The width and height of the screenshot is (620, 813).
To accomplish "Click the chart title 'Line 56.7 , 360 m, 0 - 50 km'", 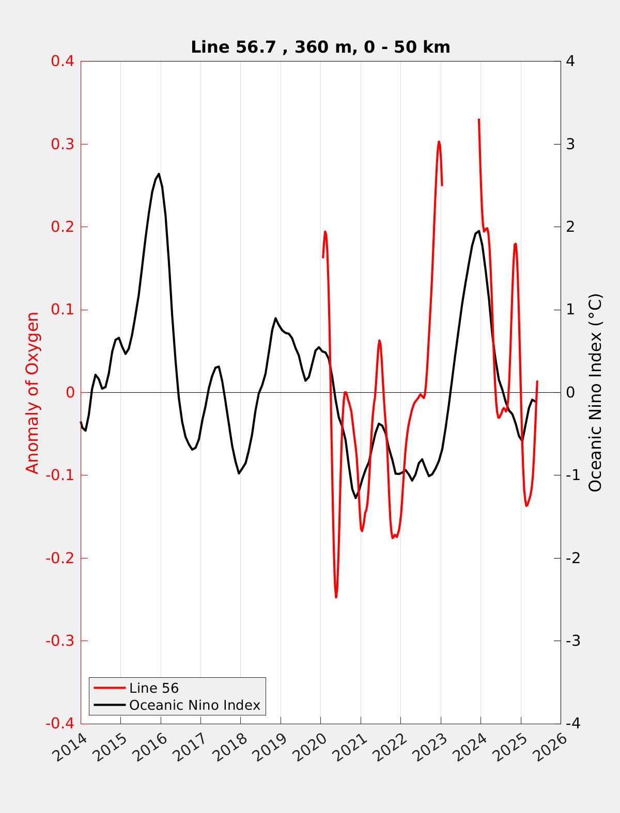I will coord(320,47).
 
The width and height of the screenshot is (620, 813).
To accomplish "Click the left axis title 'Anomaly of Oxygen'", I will coord(33,392).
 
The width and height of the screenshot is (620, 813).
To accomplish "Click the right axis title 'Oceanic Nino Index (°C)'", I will coord(596,392).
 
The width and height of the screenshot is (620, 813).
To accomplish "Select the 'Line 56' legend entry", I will coord(153,688).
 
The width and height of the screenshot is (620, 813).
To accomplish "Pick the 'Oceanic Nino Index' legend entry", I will coord(194,705).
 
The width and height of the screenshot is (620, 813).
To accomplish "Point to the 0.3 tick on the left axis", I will coord(62,144).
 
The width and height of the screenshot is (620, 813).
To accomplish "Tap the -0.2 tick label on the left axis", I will coord(60,559).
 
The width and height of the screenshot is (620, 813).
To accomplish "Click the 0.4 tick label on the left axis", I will coord(62,61).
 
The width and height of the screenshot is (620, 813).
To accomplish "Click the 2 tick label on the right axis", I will coord(570,227).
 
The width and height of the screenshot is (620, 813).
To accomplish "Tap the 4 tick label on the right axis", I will coord(570,61).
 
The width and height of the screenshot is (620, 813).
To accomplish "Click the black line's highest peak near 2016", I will coord(159,174).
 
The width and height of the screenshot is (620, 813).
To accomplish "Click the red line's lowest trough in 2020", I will coord(336,597).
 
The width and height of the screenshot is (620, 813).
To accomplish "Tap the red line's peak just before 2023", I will coord(439,141).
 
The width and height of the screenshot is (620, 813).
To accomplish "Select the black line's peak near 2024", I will coord(478,231).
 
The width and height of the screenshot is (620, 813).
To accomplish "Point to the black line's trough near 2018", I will coord(239,473).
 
